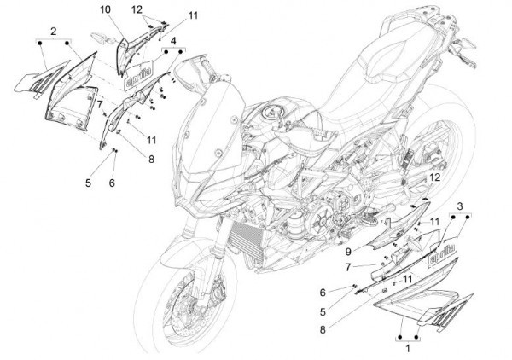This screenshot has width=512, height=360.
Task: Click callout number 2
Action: tap(53, 32)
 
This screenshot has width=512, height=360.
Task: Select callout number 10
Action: tap(104, 9)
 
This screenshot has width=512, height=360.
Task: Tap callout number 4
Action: tap(173, 40)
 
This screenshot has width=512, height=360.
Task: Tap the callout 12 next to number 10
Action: tap(137, 9)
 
